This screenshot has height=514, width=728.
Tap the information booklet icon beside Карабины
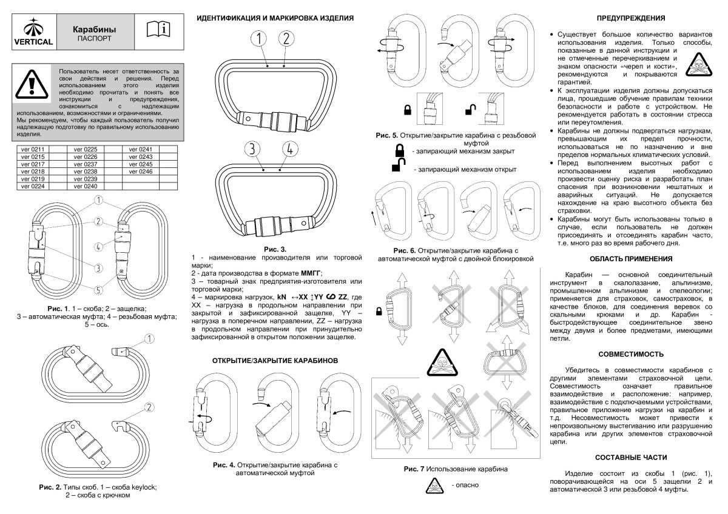pyautogui.click(x=160, y=30)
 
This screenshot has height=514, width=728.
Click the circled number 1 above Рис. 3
pyautogui.click(x=259, y=39)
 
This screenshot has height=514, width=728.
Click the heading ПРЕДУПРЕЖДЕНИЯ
pyautogui.click(x=631, y=18)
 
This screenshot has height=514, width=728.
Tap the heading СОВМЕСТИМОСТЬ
pyautogui.click(x=631, y=353)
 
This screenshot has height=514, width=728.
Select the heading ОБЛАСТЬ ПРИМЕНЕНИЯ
pyautogui.click(x=631, y=259)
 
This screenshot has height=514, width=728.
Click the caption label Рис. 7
pyautogui.click(x=415, y=469)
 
